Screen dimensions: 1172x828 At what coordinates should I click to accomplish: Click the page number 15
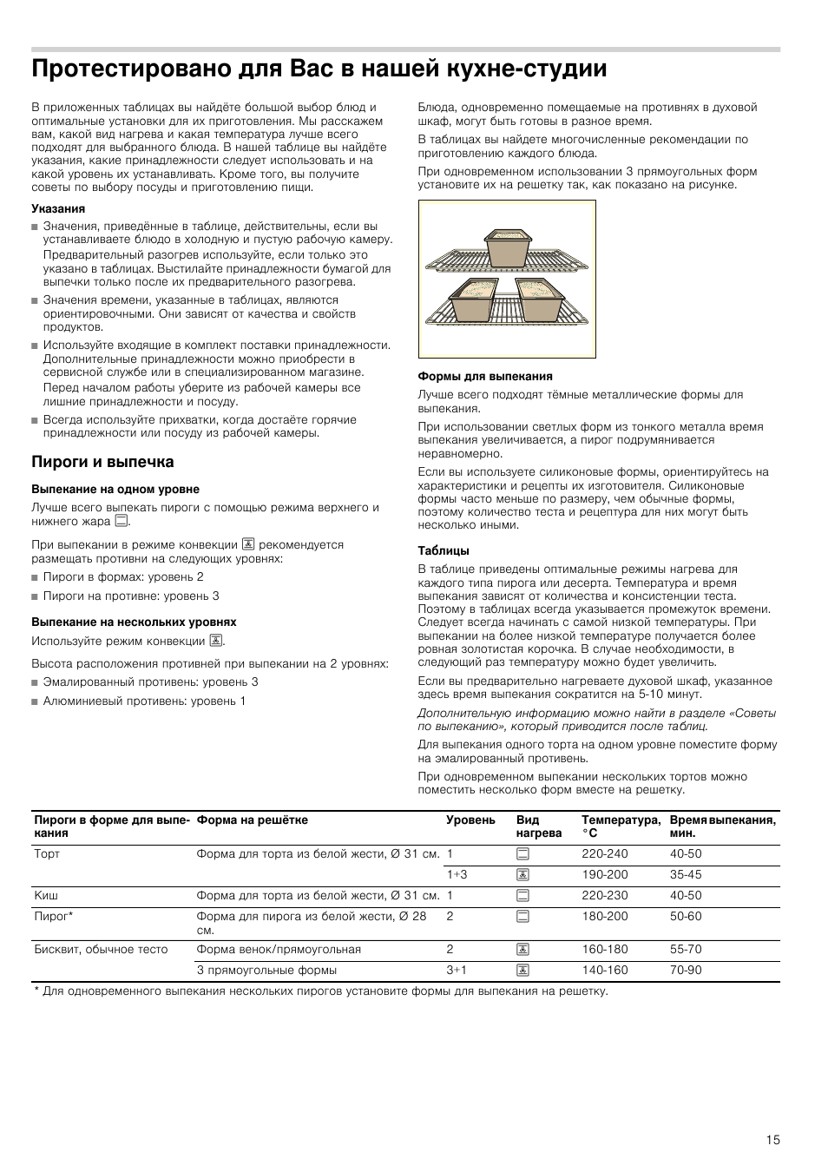tap(772, 1140)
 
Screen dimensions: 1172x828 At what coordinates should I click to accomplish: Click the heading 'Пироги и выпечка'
tap(102, 462)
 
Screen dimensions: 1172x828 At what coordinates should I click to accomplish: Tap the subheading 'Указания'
tap(58, 208)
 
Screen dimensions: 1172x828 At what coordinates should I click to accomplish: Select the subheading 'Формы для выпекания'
tap(485, 376)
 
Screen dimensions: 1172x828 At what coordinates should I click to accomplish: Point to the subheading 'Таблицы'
tap(444, 550)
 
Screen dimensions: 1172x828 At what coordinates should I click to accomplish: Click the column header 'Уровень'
tap(470, 820)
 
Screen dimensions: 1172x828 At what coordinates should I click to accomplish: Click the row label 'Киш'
tap(46, 895)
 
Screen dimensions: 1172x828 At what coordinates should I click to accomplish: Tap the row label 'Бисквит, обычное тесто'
tap(101, 949)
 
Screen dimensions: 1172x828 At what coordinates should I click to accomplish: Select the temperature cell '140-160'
tap(605, 970)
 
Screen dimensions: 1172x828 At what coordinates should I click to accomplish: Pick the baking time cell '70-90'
tap(686, 970)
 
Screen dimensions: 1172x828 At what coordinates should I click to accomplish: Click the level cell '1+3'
tap(457, 874)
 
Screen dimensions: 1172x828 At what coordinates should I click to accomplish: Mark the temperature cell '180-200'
tap(605, 916)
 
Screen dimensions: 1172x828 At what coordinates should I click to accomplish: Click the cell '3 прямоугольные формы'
tap(266, 970)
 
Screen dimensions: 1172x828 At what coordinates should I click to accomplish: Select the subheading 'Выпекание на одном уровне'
tap(115, 489)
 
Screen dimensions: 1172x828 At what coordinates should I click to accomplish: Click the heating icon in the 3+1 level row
tap(522, 970)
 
